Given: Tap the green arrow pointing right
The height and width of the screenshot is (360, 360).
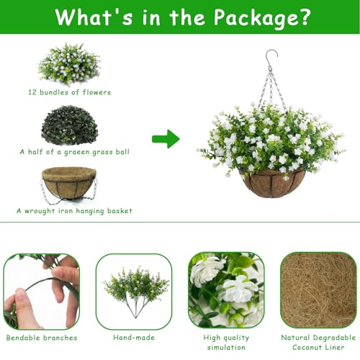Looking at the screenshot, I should [x=166, y=138].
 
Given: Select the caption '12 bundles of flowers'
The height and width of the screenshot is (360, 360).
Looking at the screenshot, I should [x=69, y=92].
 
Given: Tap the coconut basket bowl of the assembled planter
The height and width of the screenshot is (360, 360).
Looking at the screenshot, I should [x=273, y=182].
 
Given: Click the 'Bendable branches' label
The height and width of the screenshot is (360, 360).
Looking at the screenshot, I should [x=41, y=337].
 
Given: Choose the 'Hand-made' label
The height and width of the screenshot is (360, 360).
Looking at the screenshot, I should [x=134, y=337].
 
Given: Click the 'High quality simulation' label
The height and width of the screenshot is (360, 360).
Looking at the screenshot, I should [x=226, y=343].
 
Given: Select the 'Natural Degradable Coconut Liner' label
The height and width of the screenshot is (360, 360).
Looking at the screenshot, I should [x=318, y=343].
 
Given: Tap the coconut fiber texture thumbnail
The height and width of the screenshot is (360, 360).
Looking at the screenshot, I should [x=318, y=289].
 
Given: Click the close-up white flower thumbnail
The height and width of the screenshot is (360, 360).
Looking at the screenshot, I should [x=226, y=289].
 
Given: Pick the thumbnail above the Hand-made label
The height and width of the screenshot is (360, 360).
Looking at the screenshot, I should [x=134, y=289].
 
